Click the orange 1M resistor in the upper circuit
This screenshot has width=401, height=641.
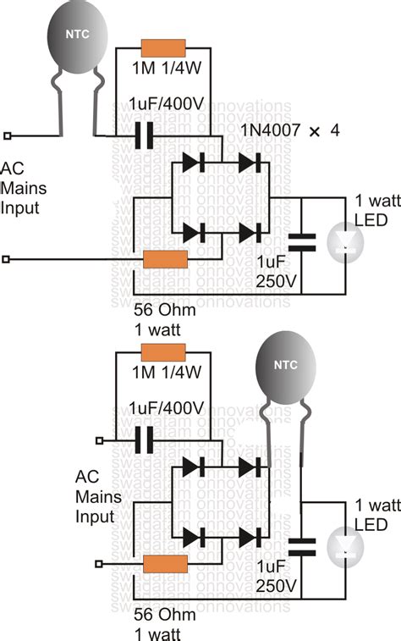point(164,48)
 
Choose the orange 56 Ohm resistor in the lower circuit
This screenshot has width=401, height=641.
point(164,564)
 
